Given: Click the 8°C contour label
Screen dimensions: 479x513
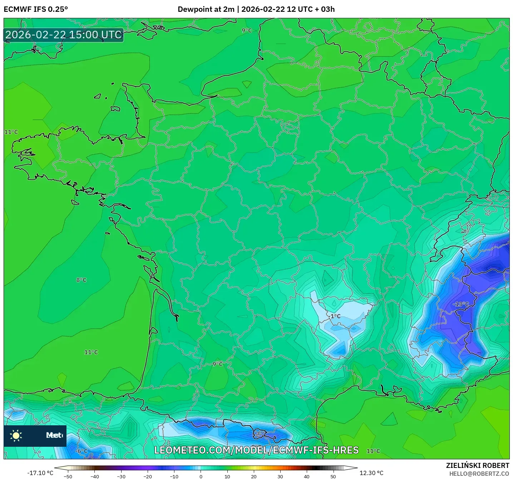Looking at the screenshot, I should click(x=81, y=280).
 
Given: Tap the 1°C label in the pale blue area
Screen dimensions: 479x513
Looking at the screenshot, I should click(x=335, y=316).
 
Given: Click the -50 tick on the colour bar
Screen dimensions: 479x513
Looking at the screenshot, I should click(x=68, y=476).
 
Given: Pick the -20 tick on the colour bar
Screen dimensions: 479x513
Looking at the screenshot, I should click(x=148, y=476).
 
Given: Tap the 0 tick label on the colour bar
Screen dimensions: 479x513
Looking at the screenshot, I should click(x=201, y=476).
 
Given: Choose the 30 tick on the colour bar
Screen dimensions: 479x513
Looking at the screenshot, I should click(x=280, y=476).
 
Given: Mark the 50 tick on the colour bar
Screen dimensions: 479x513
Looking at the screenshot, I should click(x=333, y=476).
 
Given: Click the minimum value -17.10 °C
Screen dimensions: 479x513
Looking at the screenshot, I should click(x=40, y=473).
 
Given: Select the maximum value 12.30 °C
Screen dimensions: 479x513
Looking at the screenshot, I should click(x=371, y=473).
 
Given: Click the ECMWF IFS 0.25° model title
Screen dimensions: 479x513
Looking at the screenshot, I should click(x=36, y=9).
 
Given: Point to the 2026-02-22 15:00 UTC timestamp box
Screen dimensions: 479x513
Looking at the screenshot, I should click(x=64, y=35).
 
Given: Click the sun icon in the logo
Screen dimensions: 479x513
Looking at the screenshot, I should click(x=16, y=435).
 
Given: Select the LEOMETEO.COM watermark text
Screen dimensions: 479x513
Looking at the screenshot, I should click(x=256, y=450).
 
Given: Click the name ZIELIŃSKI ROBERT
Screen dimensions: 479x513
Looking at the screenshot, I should click(x=478, y=465).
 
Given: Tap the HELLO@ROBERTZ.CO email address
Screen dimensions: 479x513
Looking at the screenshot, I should click(x=479, y=474).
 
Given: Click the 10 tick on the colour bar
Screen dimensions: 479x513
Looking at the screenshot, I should click(x=227, y=476).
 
